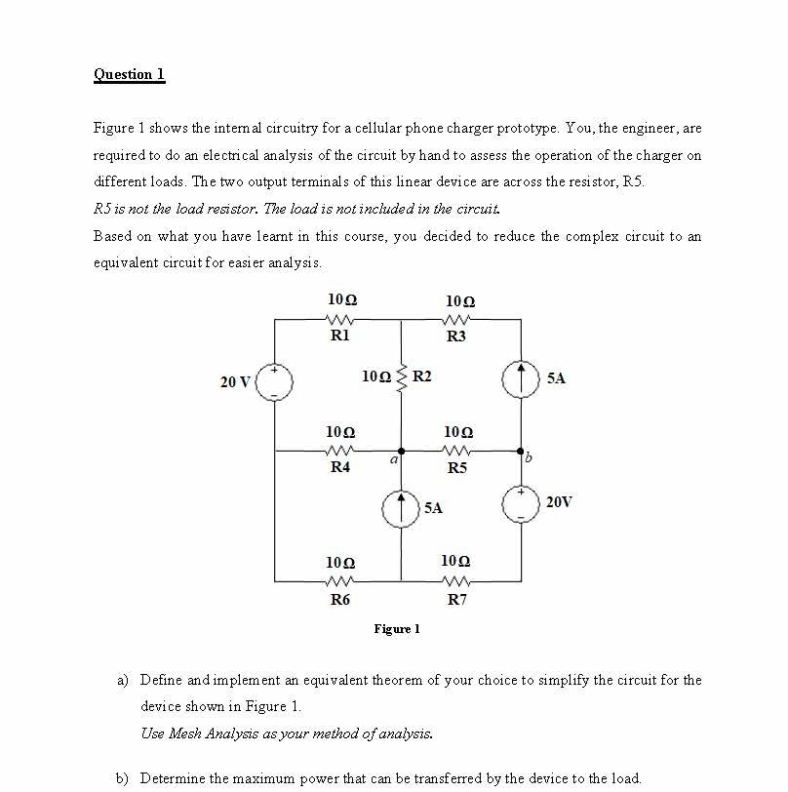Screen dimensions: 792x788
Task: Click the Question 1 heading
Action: point(129,74)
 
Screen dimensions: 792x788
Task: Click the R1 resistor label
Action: point(339,336)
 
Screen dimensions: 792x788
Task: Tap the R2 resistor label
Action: point(423,376)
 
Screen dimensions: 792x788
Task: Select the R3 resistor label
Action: point(455,337)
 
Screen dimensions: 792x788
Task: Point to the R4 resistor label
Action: point(339,468)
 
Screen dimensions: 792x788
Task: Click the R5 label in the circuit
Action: point(456,468)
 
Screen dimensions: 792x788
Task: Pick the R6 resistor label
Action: point(339,600)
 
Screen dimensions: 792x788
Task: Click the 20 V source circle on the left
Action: point(275,381)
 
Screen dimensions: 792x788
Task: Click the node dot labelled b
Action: point(521,452)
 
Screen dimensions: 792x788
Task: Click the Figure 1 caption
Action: point(396,629)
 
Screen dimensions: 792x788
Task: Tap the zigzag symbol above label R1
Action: point(340,319)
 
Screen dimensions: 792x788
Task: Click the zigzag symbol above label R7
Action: point(455,582)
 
